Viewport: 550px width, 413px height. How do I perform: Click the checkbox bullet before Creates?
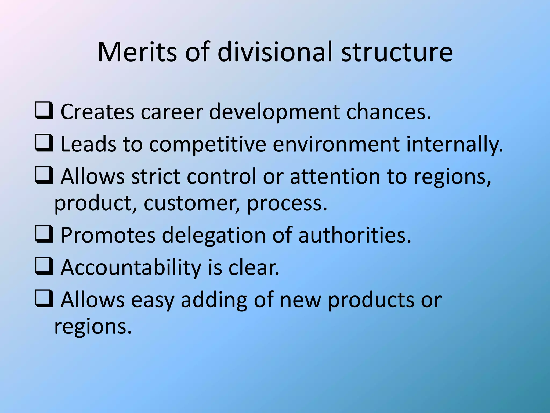(x=44, y=111)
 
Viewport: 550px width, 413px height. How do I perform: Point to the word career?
(x=171, y=112)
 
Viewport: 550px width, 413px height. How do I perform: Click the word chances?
(x=388, y=112)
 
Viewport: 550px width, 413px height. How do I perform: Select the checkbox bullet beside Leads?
(x=44, y=143)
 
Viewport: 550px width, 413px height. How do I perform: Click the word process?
(x=287, y=203)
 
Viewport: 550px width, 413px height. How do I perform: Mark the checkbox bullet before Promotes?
(x=44, y=235)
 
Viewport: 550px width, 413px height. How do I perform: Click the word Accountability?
(x=131, y=268)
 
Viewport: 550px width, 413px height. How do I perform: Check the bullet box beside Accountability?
(x=44, y=267)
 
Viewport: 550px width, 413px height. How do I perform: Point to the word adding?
(x=214, y=300)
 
